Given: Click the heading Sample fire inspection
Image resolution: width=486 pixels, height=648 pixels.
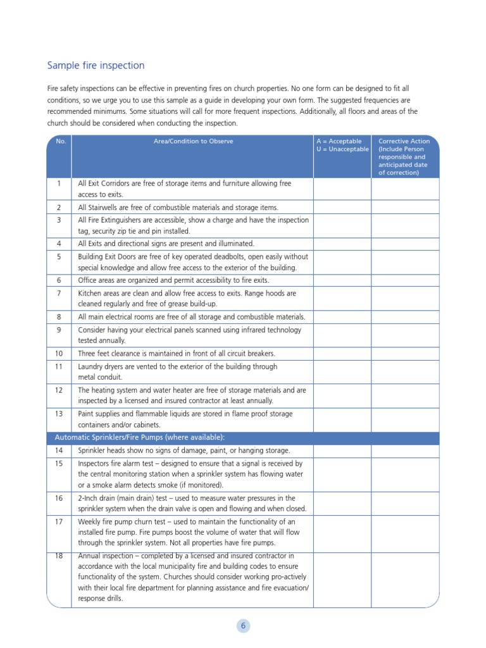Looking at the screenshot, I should pyautogui.click(x=96, y=66).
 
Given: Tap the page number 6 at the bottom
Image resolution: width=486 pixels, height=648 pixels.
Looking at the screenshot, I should pyautogui.click(x=243, y=626).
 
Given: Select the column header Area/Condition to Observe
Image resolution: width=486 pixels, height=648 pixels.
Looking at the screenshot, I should pyautogui.click(x=193, y=141).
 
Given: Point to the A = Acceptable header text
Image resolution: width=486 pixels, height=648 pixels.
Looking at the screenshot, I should pyautogui.click(x=339, y=141).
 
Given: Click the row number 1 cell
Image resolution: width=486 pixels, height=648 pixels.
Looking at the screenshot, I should pyautogui.click(x=59, y=184).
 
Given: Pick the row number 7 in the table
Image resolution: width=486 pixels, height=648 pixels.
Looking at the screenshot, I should pyautogui.click(x=59, y=294).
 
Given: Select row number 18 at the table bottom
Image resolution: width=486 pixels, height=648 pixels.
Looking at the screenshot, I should pyautogui.click(x=59, y=556).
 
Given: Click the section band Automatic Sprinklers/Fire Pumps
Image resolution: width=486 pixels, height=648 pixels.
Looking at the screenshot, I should pyautogui.click(x=140, y=437).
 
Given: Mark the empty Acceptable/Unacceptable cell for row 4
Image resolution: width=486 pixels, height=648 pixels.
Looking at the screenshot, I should pyautogui.click(x=342, y=244).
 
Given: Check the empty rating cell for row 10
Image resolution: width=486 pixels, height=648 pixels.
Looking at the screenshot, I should pyautogui.click(x=342, y=354).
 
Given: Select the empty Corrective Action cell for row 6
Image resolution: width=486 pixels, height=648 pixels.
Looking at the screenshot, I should pyautogui.click(x=404, y=280).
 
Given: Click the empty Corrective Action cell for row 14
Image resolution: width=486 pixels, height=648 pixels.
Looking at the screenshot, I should pyautogui.click(x=404, y=451).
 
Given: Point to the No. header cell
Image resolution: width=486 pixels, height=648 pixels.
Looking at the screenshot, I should pyautogui.click(x=61, y=141).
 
